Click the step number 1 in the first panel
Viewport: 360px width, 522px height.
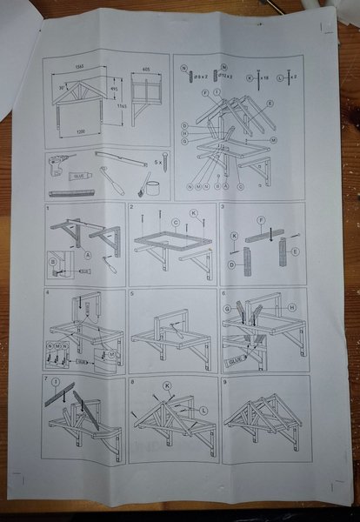pyautogui.click(x=49, y=208)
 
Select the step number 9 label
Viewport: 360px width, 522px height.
pyautogui.click(x=224, y=380)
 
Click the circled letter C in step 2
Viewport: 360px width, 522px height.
pyautogui.click(x=175, y=222)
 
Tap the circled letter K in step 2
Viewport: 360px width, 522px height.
pyautogui.click(x=194, y=212)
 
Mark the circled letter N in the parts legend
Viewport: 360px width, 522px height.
pyautogui.click(x=184, y=66)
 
